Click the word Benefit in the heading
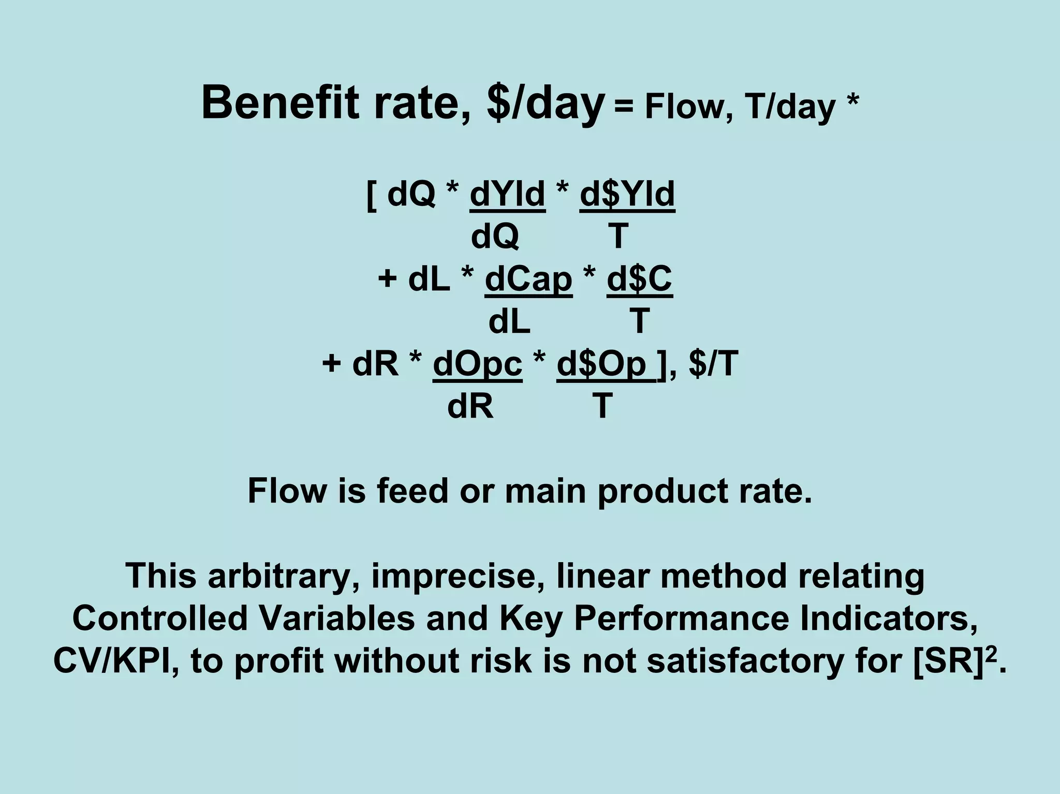pyautogui.click(x=279, y=103)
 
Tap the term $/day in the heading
pyautogui.click(x=546, y=104)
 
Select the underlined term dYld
pyautogui.click(x=507, y=194)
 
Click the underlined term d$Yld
pyautogui.click(x=627, y=194)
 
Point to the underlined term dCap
pyautogui.click(x=528, y=280)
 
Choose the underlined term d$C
pyautogui.click(x=639, y=280)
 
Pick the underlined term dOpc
pyautogui.click(x=477, y=364)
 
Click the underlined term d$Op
pyautogui.click(x=602, y=364)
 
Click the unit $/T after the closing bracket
pyautogui.click(x=713, y=364)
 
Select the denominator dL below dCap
pyautogui.click(x=509, y=321)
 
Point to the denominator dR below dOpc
pyautogui.click(x=470, y=406)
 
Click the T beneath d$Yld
pyautogui.click(x=618, y=237)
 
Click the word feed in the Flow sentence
pyautogui.click(x=412, y=491)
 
